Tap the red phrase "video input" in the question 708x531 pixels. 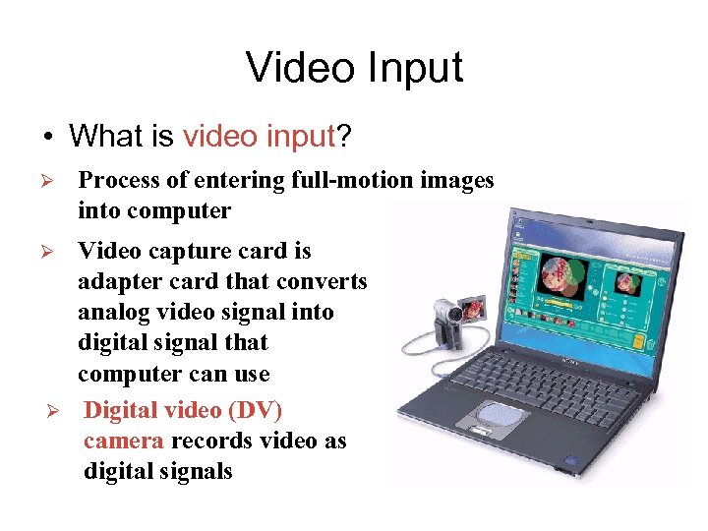pyautogui.click(x=260, y=136)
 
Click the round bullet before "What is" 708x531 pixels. pyautogui.click(x=45, y=137)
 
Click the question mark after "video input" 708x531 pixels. pyautogui.click(x=343, y=136)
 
